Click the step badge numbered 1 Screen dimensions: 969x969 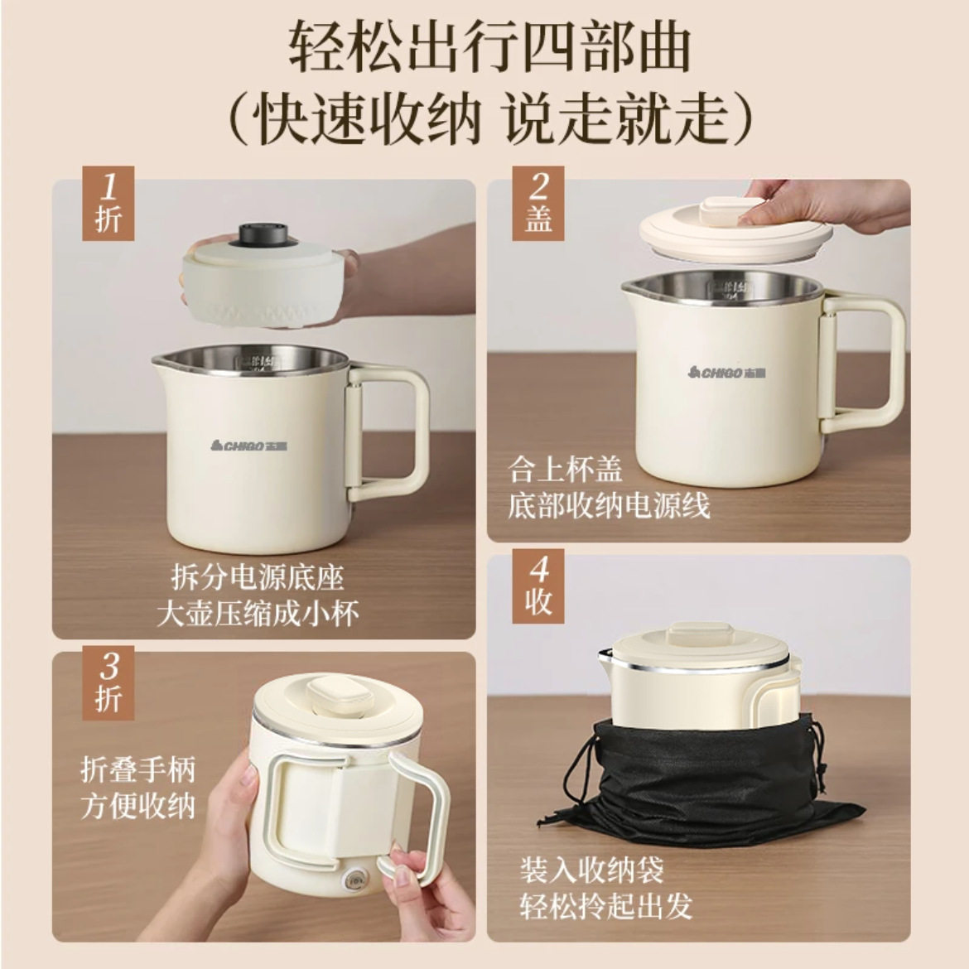(x=108, y=202)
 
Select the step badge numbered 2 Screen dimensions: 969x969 (x=538, y=202)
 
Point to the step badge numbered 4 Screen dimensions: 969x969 (x=538, y=586)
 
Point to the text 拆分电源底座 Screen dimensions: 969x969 (x=258, y=577)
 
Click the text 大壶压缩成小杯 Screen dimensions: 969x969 (x=258, y=614)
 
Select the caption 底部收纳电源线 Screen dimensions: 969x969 (x=609, y=506)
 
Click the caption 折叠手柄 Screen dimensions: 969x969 (x=137, y=770)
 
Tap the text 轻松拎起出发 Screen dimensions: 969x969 (x=606, y=906)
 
